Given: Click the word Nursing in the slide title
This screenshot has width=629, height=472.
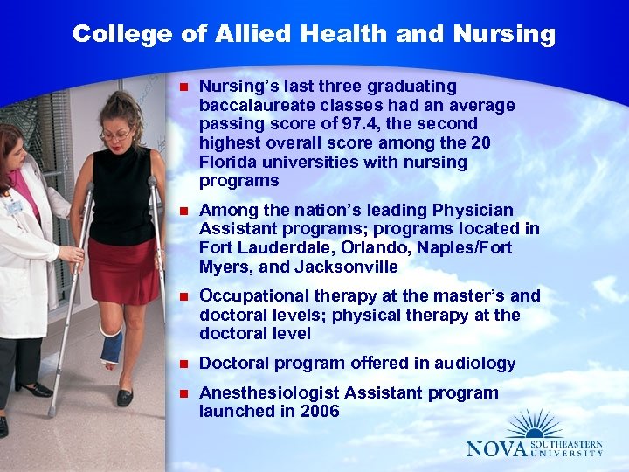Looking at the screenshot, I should [x=504, y=35].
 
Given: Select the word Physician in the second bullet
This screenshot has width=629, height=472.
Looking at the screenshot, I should [x=472, y=210].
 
